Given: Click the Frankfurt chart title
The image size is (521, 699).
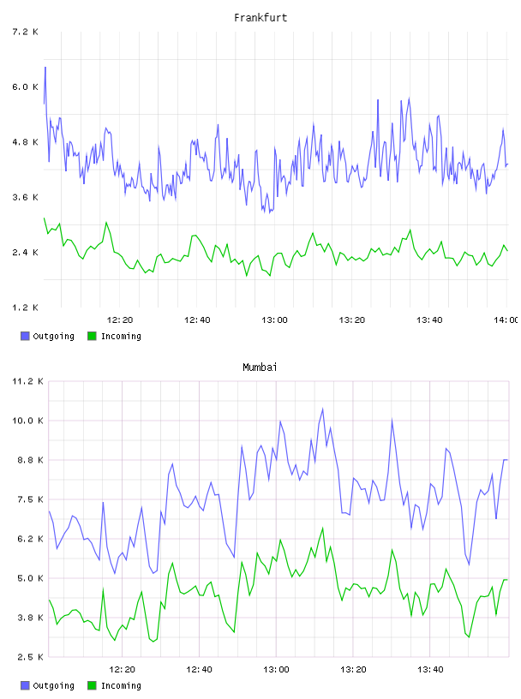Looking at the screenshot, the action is pyautogui.click(x=260, y=18).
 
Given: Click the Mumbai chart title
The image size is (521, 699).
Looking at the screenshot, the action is pyautogui.click(x=260, y=367).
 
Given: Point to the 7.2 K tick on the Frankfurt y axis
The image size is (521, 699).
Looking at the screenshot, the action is pyautogui.click(x=25, y=32).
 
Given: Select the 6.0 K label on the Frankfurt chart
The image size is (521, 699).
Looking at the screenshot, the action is pyautogui.click(x=25, y=87).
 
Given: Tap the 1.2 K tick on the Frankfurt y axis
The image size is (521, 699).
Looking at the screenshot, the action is pyautogui.click(x=25, y=308).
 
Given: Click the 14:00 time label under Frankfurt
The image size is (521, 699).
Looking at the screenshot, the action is pyautogui.click(x=506, y=320).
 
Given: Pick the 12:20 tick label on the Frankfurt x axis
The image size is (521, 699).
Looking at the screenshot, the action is pyautogui.click(x=120, y=320).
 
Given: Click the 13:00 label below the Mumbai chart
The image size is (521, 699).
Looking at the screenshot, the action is pyautogui.click(x=276, y=670).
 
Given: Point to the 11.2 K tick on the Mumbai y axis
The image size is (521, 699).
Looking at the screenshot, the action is pyautogui.click(x=27, y=381).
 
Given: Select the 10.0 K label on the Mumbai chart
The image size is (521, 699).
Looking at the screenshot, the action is pyautogui.click(x=27, y=421).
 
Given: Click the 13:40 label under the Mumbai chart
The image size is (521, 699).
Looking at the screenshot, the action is pyautogui.click(x=430, y=670).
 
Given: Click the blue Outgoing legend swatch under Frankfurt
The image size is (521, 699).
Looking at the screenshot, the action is pyautogui.click(x=25, y=336).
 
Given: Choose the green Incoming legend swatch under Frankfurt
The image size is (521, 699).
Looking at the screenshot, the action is pyautogui.click(x=92, y=336).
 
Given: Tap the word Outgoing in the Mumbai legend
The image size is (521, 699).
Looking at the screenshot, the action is pyautogui.click(x=53, y=685).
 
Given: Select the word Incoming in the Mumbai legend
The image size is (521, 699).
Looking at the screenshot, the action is pyautogui.click(x=121, y=685).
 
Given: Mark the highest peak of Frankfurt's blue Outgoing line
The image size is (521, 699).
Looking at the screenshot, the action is pyautogui.click(x=45, y=68).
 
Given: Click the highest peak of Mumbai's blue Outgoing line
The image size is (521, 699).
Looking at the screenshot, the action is pyautogui.click(x=322, y=409).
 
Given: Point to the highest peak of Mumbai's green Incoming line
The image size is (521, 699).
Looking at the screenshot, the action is pyautogui.click(x=322, y=528).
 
